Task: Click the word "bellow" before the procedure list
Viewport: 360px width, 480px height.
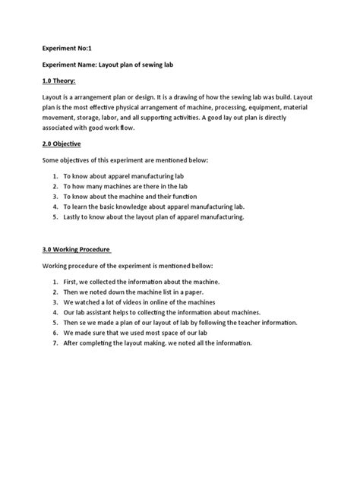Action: tap(199, 266)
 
